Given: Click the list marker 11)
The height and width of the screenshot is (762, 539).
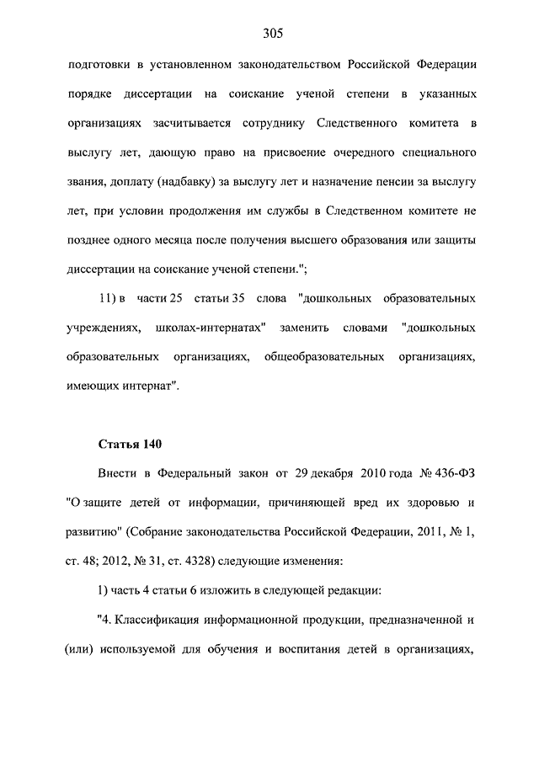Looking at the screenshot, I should click(x=112, y=298).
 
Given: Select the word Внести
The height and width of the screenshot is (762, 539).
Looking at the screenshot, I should click(x=117, y=472).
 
